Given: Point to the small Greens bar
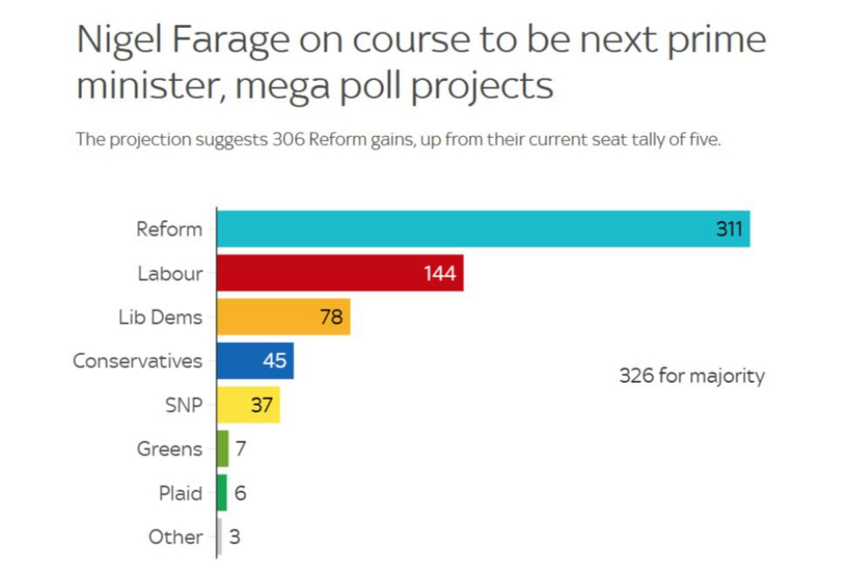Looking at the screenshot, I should pos(223,449).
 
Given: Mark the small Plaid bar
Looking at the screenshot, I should pos(222,493).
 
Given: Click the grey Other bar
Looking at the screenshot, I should pos(220,537).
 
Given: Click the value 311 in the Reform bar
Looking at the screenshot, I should pos(729,229).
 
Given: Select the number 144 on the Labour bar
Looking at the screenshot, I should pos(441,274).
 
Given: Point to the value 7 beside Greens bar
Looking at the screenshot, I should pos(241,449).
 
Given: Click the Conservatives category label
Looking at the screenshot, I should pos(138,361).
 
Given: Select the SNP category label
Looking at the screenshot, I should pos(184,405).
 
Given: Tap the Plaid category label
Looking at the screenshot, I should pos(181,493).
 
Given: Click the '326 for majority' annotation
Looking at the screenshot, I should pos(692,376).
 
